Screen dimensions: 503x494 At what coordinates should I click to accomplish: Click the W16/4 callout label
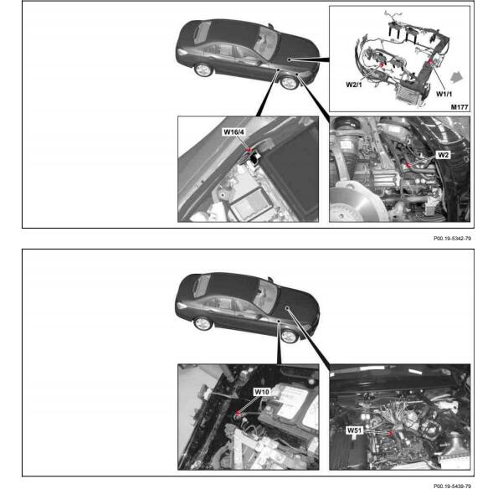234,132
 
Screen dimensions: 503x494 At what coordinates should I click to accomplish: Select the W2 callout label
443,155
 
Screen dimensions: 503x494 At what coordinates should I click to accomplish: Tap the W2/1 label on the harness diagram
353,85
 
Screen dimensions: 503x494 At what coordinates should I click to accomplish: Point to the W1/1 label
444,94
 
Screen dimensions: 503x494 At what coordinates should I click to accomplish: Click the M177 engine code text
459,107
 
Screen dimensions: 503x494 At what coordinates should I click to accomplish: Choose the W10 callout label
261,392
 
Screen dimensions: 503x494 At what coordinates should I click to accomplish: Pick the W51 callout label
354,430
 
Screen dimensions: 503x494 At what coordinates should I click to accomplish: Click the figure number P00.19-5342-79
452,239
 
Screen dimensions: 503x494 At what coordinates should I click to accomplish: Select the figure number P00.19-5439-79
452,486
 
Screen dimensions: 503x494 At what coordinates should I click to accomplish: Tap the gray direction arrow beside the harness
457,77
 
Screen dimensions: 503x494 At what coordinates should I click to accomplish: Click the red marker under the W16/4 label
249,149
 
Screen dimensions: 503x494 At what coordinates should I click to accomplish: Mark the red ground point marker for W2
408,166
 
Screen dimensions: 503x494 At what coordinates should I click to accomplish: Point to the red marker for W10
238,413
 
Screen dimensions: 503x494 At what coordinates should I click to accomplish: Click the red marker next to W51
390,434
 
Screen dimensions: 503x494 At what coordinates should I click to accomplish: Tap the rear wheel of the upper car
203,70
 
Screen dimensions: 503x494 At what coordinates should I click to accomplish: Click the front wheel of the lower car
289,336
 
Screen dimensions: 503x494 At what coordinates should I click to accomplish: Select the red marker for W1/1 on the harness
430,61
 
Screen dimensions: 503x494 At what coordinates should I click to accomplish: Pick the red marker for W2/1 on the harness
382,64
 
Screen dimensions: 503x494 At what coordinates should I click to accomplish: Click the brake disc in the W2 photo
355,205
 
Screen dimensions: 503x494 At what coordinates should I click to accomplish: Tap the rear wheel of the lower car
203,323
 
